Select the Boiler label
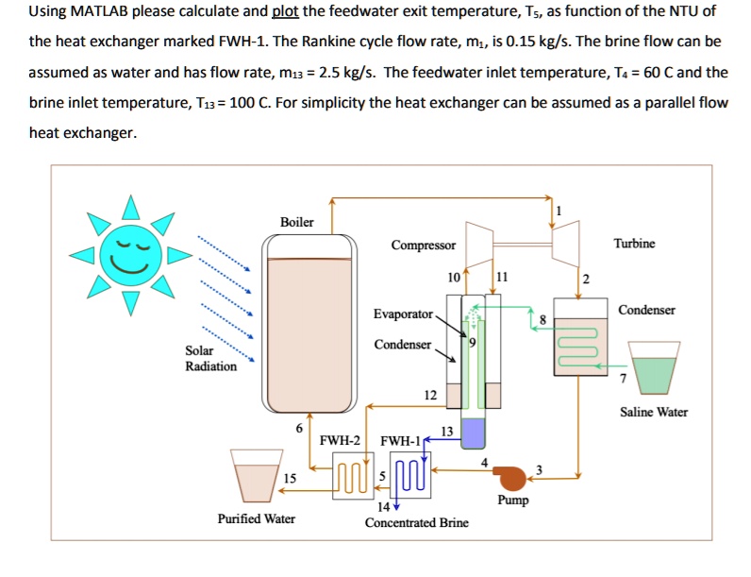click(x=296, y=222)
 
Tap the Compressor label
click(x=424, y=246)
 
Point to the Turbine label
click(x=633, y=244)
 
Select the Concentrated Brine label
click(x=416, y=522)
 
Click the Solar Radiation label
click(x=210, y=359)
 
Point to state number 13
click(x=447, y=431)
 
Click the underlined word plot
click(x=285, y=12)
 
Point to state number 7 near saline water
click(x=622, y=380)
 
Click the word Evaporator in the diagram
click(x=403, y=314)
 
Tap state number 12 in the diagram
click(x=430, y=395)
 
